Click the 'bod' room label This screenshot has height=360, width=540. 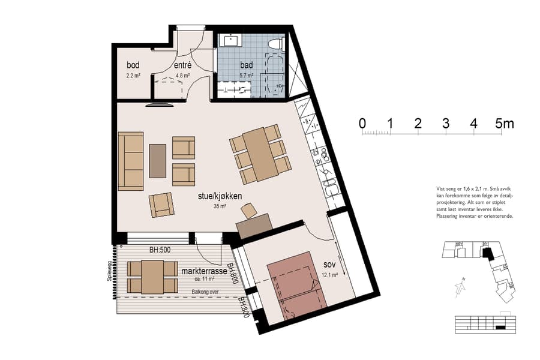point(133,65)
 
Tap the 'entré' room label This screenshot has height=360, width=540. point(182,65)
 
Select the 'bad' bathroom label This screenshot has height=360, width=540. point(247,65)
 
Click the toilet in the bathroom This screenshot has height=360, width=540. point(276,43)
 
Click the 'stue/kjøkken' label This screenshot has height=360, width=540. point(219,196)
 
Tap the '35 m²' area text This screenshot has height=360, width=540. point(219,206)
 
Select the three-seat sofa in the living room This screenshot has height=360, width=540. point(131,161)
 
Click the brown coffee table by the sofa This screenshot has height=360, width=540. point(157,161)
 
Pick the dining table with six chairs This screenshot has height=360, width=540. point(257,155)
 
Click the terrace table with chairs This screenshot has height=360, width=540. point(152,277)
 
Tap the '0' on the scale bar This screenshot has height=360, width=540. point(362,124)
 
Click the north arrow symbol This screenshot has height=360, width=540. point(460,287)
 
